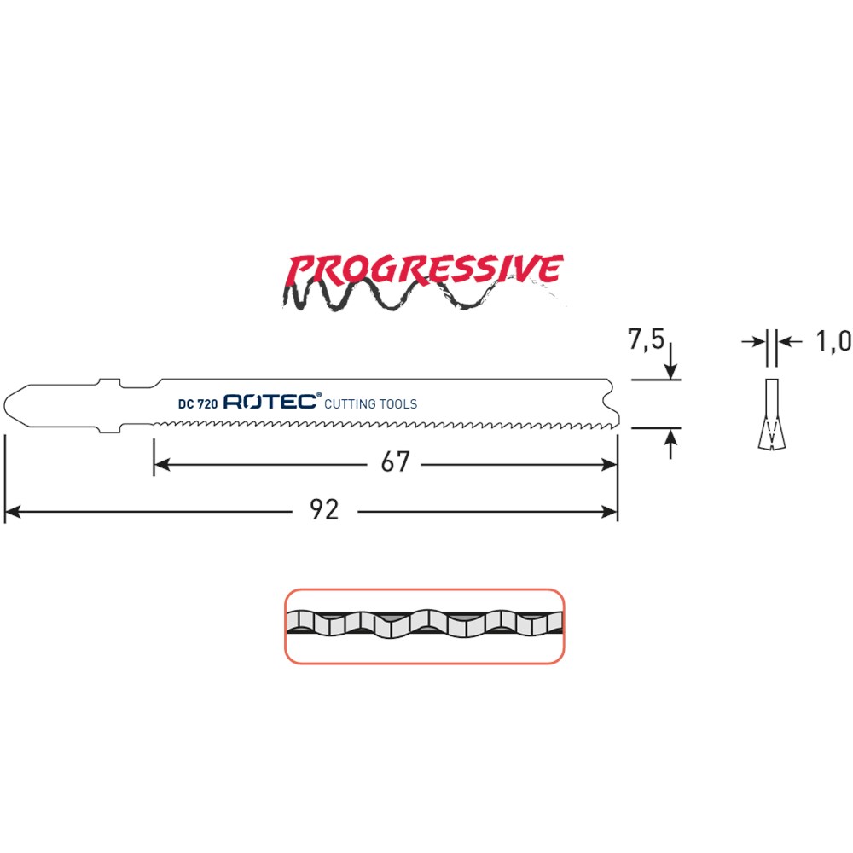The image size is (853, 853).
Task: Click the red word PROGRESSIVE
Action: (424, 270)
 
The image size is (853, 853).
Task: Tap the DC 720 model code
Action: (198, 404)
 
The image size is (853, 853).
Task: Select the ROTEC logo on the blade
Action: (272, 401)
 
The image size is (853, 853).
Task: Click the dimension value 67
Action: (395, 462)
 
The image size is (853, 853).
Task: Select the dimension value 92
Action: (324, 510)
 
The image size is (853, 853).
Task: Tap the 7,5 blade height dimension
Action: (646, 340)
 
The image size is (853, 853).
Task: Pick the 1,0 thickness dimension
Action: (833, 342)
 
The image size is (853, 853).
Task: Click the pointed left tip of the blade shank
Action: (5, 405)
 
